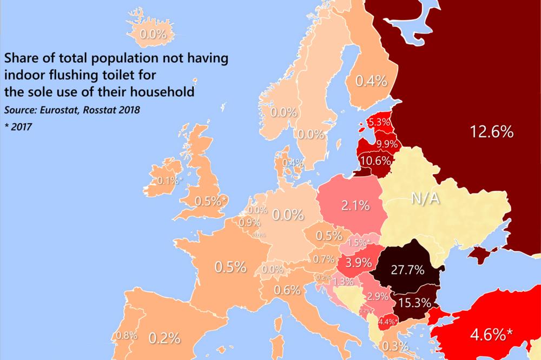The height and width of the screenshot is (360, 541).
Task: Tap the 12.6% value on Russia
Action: click(x=491, y=132)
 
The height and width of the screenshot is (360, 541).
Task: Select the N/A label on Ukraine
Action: click(x=425, y=200)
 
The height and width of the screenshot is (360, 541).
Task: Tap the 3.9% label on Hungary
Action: click(x=358, y=263)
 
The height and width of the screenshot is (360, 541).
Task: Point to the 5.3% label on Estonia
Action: click(x=379, y=123)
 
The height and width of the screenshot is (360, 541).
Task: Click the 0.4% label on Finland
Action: click(x=371, y=82)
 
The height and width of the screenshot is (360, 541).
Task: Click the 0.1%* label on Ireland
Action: click(x=169, y=181)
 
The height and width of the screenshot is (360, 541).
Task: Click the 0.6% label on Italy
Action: click(x=287, y=290)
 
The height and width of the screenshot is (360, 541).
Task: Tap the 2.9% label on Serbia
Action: click(x=377, y=296)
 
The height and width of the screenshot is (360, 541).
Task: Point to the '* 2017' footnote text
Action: click(x=18, y=128)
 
